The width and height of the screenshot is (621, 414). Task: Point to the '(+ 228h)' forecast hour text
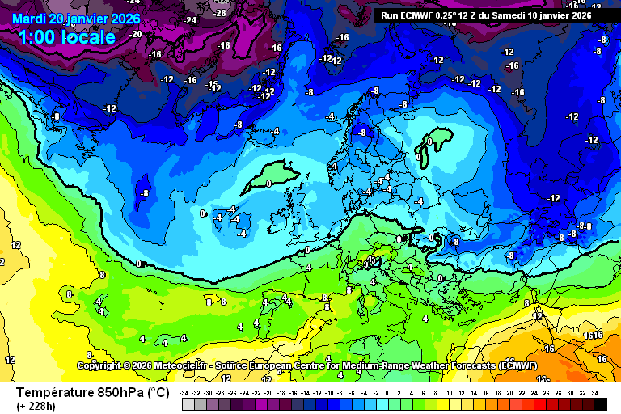click(36, 406)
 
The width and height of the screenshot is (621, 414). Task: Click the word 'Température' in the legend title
click(54, 393)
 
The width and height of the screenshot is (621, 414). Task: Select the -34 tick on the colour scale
click(184, 392)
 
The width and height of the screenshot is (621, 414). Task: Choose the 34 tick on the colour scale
click(594, 392)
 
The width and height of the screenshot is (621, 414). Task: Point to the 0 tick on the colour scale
click(389, 392)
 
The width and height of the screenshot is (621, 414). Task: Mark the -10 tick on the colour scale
click(329, 392)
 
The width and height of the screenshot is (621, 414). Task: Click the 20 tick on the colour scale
click(509, 392)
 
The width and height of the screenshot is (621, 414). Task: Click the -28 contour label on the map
click(220, 14)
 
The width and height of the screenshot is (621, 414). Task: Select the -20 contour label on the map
click(135, 34)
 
